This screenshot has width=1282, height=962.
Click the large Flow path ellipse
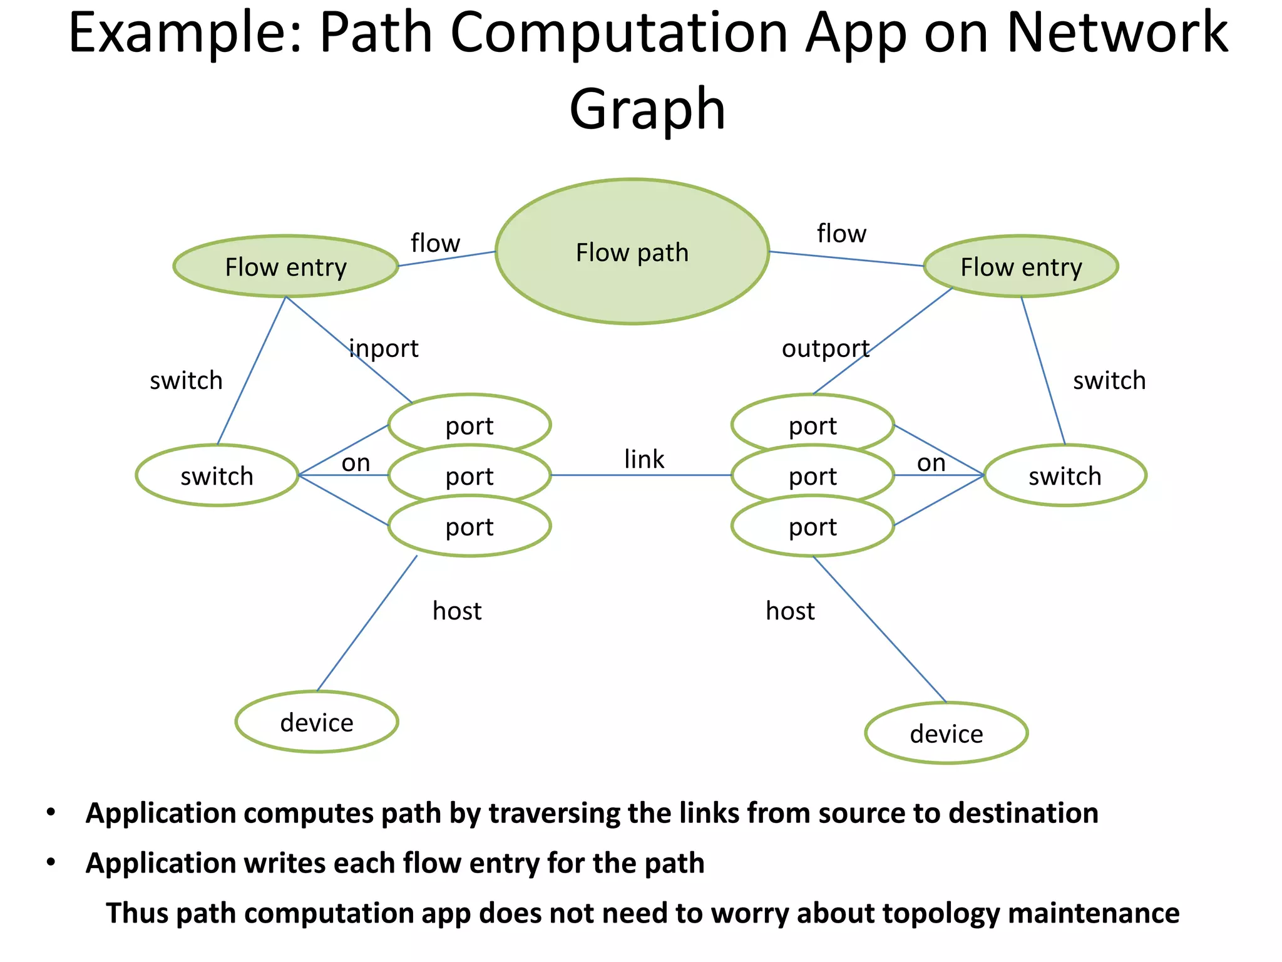coord(632,252)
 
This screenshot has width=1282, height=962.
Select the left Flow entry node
coord(285,267)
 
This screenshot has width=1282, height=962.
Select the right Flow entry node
coord(1021,267)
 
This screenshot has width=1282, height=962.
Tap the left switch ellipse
coord(217,476)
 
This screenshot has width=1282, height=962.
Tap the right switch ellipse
coord(1065,476)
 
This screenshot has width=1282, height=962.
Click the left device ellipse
coord(317,722)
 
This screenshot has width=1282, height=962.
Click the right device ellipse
coord(946,733)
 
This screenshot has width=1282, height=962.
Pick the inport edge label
coord(384,348)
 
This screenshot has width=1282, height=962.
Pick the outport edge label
coord(826,348)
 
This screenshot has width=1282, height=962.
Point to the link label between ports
coord(644,459)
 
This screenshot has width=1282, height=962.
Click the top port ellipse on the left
coord(469,422)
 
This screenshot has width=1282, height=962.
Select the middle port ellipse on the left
coord(469,477)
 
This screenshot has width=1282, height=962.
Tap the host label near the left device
coord(457,611)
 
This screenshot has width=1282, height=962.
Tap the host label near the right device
coord(790,611)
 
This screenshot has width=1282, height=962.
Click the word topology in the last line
coord(941,913)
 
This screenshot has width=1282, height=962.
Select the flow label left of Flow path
coord(435,243)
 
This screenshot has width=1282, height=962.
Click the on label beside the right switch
coord(931,463)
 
